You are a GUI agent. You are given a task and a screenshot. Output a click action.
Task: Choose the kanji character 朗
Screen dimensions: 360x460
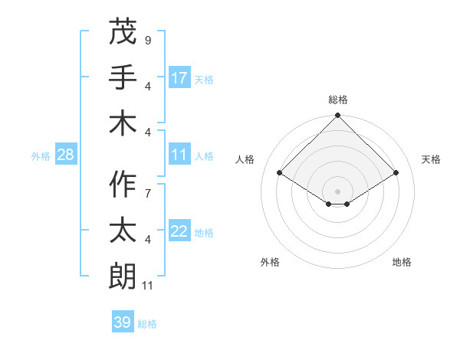pos(123,276)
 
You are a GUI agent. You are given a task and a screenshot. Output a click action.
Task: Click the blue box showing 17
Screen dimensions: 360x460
pos(179,78)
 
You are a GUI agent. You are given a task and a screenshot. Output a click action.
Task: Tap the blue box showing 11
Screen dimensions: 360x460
pos(179,155)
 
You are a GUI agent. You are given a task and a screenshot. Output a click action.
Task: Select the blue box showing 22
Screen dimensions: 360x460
pos(179,232)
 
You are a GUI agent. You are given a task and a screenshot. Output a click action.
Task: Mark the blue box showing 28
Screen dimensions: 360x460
pos(65,155)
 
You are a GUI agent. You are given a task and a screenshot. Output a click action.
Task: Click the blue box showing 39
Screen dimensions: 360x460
pos(122,322)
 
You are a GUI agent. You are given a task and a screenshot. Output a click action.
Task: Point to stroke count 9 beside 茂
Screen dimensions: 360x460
pos(147,39)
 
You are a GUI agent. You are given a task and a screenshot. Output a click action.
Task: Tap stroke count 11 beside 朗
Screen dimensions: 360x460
pos(148,286)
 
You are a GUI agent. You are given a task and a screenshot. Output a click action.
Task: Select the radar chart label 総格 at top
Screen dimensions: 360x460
pos(337,100)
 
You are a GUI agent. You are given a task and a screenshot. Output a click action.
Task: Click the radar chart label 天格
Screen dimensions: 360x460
pos(431,159)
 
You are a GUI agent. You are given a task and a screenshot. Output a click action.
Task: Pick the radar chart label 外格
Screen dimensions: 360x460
pos(270,262)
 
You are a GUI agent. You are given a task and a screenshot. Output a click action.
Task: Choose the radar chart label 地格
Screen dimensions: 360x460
pos(402,262)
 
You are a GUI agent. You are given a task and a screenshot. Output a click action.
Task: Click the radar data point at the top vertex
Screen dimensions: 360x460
pos(337,116)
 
